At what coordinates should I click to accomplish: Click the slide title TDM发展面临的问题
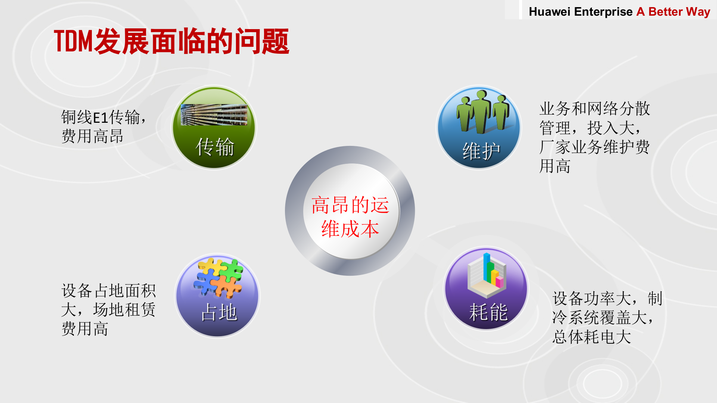point(171,41)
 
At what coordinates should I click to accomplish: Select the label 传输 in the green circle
point(215,147)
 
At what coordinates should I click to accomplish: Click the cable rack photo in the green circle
point(214,115)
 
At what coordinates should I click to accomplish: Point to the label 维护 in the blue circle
point(481,151)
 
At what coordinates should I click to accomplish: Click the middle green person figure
point(481,112)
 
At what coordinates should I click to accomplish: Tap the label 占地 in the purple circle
point(219,312)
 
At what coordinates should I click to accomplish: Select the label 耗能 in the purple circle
point(488,312)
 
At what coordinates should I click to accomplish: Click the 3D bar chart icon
point(487,275)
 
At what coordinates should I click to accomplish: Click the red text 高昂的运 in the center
point(350,205)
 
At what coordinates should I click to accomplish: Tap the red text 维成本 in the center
point(350,229)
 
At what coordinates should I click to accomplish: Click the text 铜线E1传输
point(101,117)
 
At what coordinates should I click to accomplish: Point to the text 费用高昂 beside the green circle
point(92,136)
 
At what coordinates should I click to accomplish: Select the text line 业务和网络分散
point(595,109)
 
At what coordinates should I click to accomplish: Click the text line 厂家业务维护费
point(595,147)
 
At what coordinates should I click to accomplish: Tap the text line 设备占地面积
point(108,291)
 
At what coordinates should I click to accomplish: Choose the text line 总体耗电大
point(592,337)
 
